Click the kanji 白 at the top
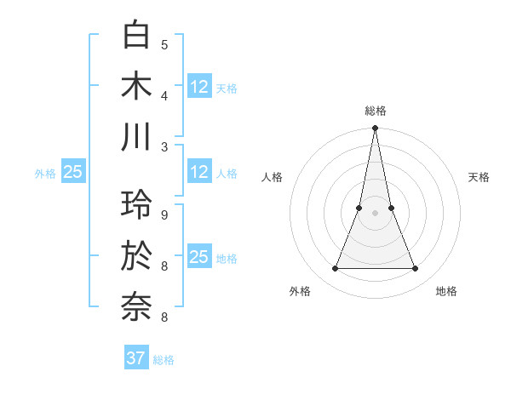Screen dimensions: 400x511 point(136,36)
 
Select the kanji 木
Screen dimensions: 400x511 point(136,86)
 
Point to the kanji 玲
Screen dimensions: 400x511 point(136,205)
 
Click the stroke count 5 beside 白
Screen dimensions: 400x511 point(164,44)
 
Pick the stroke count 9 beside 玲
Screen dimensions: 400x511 point(164,214)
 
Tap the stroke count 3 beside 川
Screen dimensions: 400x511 point(164,146)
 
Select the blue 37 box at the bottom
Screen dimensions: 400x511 point(136,358)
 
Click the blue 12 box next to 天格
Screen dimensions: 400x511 point(199,86)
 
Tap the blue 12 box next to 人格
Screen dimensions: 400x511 point(199,172)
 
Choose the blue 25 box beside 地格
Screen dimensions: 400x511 point(199,256)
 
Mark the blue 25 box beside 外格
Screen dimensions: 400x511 point(72,172)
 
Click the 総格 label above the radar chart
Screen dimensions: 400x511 point(375,111)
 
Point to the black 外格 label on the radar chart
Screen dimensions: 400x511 point(300,291)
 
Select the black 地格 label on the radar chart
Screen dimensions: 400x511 point(446,291)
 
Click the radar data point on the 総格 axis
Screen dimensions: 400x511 point(375,129)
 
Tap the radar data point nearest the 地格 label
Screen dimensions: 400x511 point(416,269)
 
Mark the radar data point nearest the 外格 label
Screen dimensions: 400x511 point(335,269)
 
